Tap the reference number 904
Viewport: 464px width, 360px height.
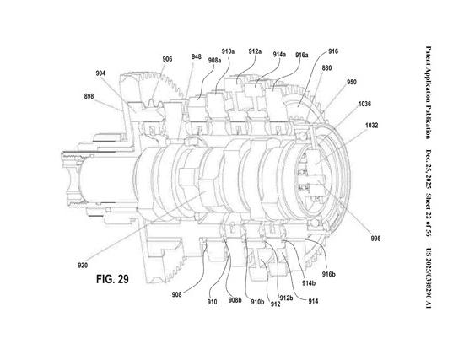[100, 73]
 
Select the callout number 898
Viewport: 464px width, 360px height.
[89, 97]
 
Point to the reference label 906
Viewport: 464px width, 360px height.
[167, 59]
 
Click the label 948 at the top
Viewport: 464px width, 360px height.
[196, 57]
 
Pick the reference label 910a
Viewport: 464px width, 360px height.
[228, 51]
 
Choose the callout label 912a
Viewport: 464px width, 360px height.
[255, 51]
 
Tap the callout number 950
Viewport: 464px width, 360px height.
[352, 83]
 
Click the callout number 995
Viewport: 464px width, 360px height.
[375, 238]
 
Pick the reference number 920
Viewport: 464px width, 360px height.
[84, 266]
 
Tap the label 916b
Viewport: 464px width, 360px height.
[328, 275]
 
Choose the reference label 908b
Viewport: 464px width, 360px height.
[235, 300]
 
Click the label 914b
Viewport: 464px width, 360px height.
[309, 283]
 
